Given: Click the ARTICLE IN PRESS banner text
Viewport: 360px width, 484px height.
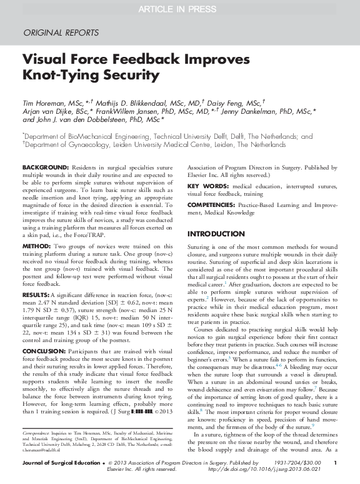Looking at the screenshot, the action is pos(179,8).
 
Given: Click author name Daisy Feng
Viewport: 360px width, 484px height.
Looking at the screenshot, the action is pos(233,103).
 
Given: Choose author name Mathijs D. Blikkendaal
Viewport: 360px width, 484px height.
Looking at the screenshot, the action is pos(129,103).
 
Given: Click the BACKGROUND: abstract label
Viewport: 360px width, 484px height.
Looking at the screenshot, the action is pos(46,169).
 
